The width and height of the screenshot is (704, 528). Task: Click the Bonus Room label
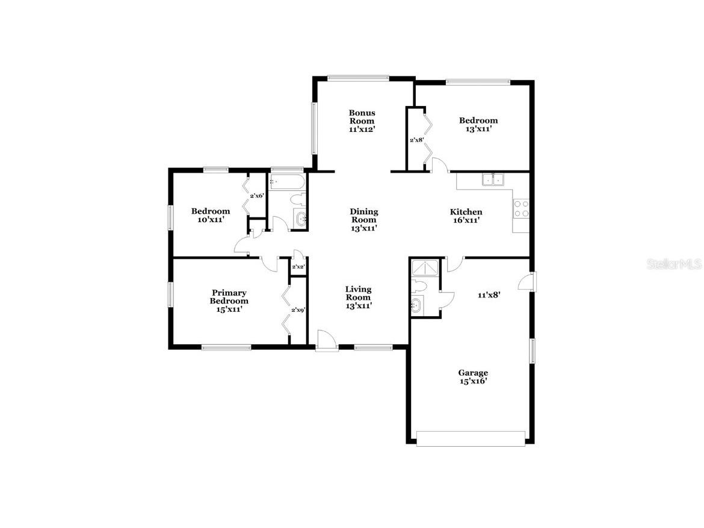tap(362, 121)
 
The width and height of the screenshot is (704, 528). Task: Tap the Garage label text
tap(473, 377)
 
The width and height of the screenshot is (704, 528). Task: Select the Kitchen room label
tap(466, 216)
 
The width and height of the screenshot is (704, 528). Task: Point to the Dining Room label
tap(364, 219)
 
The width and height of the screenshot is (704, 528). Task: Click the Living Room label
tap(358, 297)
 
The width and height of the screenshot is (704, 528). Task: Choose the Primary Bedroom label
tap(229, 300)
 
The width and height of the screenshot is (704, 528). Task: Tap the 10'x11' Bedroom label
tap(211, 215)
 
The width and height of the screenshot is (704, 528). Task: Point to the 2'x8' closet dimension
tap(417, 140)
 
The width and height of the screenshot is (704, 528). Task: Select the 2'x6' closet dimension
tap(257, 196)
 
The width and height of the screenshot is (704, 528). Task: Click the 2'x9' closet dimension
tap(298, 310)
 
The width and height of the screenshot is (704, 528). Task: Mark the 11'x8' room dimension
tap(489, 295)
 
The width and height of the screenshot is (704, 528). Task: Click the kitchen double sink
tap(493, 179)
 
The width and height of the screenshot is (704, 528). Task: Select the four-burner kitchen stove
tap(521, 208)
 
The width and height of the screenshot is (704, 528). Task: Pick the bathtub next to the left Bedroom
tap(286, 181)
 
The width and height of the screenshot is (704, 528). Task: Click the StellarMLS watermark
tap(674, 264)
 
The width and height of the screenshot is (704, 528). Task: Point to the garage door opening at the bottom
tap(471, 438)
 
